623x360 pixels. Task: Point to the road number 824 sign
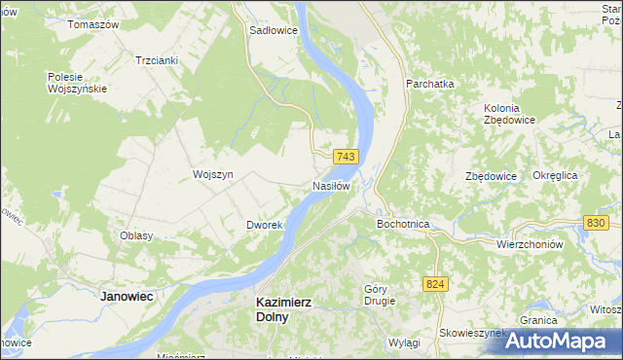pos(435,283)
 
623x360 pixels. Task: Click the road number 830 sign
pos(598,223)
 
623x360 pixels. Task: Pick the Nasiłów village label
pos(331,185)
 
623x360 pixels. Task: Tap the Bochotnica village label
pos(403,224)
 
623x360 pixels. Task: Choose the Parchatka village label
pos(431,85)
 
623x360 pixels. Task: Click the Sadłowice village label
pos(274,30)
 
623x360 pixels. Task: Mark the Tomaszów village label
pos(92,23)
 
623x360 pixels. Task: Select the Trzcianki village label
pos(157,60)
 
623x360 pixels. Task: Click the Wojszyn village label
pos(213,174)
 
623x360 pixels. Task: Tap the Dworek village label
pos(264,225)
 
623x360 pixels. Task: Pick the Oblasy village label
pos(136,236)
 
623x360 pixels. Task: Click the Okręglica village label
pos(556,175)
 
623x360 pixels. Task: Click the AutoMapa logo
pos(556,341)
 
